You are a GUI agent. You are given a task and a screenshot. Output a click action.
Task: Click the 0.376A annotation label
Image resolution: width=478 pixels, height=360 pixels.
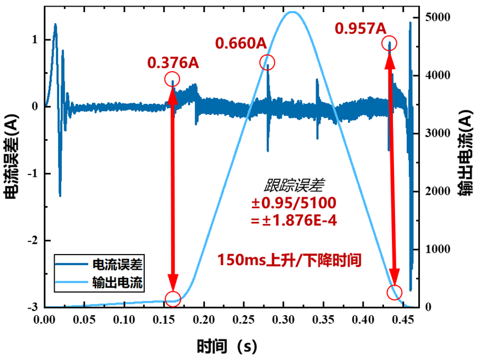coord(173,63)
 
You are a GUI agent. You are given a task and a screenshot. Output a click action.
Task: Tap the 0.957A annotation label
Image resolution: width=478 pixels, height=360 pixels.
coord(360,28)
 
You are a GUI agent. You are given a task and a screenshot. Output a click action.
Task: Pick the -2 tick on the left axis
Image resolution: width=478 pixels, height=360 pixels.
coord(32,241)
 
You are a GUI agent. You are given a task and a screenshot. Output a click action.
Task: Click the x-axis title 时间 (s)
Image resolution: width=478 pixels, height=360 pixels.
coord(227,346)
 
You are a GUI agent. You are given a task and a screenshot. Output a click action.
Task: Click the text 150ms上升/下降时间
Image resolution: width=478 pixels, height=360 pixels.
coord(290,260)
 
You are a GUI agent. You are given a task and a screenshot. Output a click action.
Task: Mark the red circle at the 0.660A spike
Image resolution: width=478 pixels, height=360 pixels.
coord(267,62)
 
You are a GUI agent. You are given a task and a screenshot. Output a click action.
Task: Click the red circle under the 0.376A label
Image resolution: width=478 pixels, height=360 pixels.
coord(172,79)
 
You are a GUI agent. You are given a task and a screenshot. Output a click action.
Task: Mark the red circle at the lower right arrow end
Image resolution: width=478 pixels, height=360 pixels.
coord(395,292)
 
